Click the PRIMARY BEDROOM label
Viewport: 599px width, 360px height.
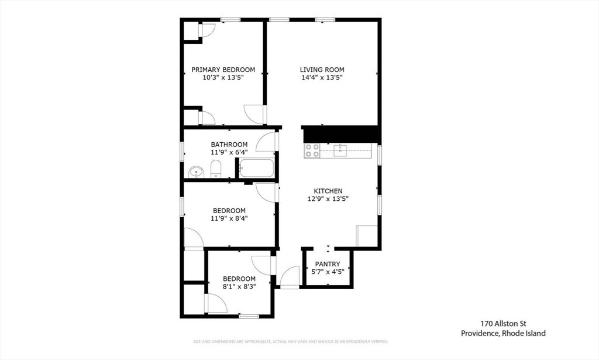223,70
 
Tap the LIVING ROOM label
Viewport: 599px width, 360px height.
322,70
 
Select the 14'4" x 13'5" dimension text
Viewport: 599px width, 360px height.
322,77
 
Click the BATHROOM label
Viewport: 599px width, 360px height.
229,145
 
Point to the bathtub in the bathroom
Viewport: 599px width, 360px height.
256,169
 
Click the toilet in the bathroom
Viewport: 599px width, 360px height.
215,169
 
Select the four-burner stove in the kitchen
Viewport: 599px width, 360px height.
312,151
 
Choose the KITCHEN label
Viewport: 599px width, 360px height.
328,191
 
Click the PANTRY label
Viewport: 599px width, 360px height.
328,264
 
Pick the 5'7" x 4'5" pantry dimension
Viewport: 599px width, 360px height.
328,272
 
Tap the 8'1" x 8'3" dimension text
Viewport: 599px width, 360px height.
239,287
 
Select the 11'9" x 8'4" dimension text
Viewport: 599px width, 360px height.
229,218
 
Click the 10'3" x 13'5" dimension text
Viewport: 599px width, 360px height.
223,77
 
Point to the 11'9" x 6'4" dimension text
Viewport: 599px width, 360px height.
229,152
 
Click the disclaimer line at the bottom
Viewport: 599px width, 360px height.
291,341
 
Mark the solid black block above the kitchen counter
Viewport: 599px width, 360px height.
342,134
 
